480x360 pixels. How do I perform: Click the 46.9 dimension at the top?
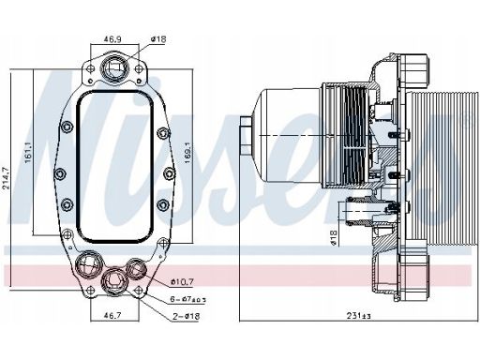click(112, 39)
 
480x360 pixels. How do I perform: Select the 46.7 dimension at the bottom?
click(112, 316)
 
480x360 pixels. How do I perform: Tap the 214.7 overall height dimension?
click(6, 178)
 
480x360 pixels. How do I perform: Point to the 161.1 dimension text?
click(28, 152)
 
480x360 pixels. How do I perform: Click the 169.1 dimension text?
click(188, 153)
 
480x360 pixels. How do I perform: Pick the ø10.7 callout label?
click(182, 282)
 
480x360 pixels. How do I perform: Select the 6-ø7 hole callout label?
click(188, 299)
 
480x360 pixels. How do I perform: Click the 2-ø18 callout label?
click(187, 316)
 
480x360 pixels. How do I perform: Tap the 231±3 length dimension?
click(359, 316)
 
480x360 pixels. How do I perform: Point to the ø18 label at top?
click(158, 39)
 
